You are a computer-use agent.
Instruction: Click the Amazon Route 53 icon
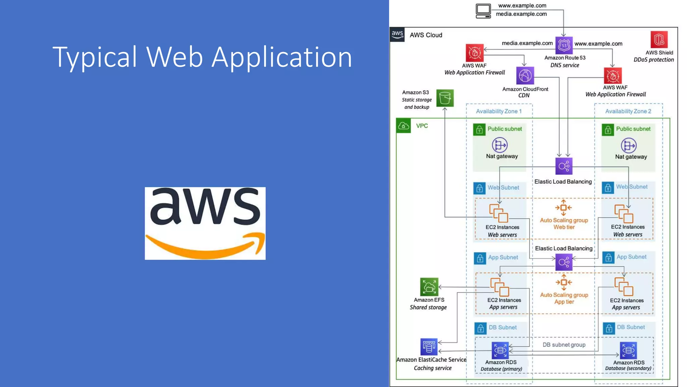click(564, 45)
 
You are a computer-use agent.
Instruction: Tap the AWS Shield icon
click(659, 40)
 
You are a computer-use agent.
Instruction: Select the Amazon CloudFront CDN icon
click(525, 76)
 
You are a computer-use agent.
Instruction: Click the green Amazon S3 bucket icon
click(445, 98)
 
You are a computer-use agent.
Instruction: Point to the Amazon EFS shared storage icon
click(429, 287)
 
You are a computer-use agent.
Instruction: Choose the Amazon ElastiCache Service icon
click(429, 347)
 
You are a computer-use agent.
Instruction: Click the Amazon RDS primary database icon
click(500, 350)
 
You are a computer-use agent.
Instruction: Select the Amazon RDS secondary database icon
click(628, 351)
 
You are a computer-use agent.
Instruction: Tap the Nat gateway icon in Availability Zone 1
click(499, 145)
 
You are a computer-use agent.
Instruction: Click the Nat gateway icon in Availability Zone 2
click(628, 146)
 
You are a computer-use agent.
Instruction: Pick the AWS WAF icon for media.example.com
click(474, 53)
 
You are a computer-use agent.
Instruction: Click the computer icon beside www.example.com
click(483, 11)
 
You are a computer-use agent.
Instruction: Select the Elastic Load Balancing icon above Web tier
click(564, 166)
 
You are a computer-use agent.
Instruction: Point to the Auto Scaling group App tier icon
click(564, 283)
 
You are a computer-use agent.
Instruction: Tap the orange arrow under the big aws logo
click(205, 249)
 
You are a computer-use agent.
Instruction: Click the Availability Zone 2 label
click(628, 111)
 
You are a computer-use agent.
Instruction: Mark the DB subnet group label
click(564, 345)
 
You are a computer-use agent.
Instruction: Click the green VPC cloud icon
click(404, 126)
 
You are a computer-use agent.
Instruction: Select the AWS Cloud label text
click(426, 35)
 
